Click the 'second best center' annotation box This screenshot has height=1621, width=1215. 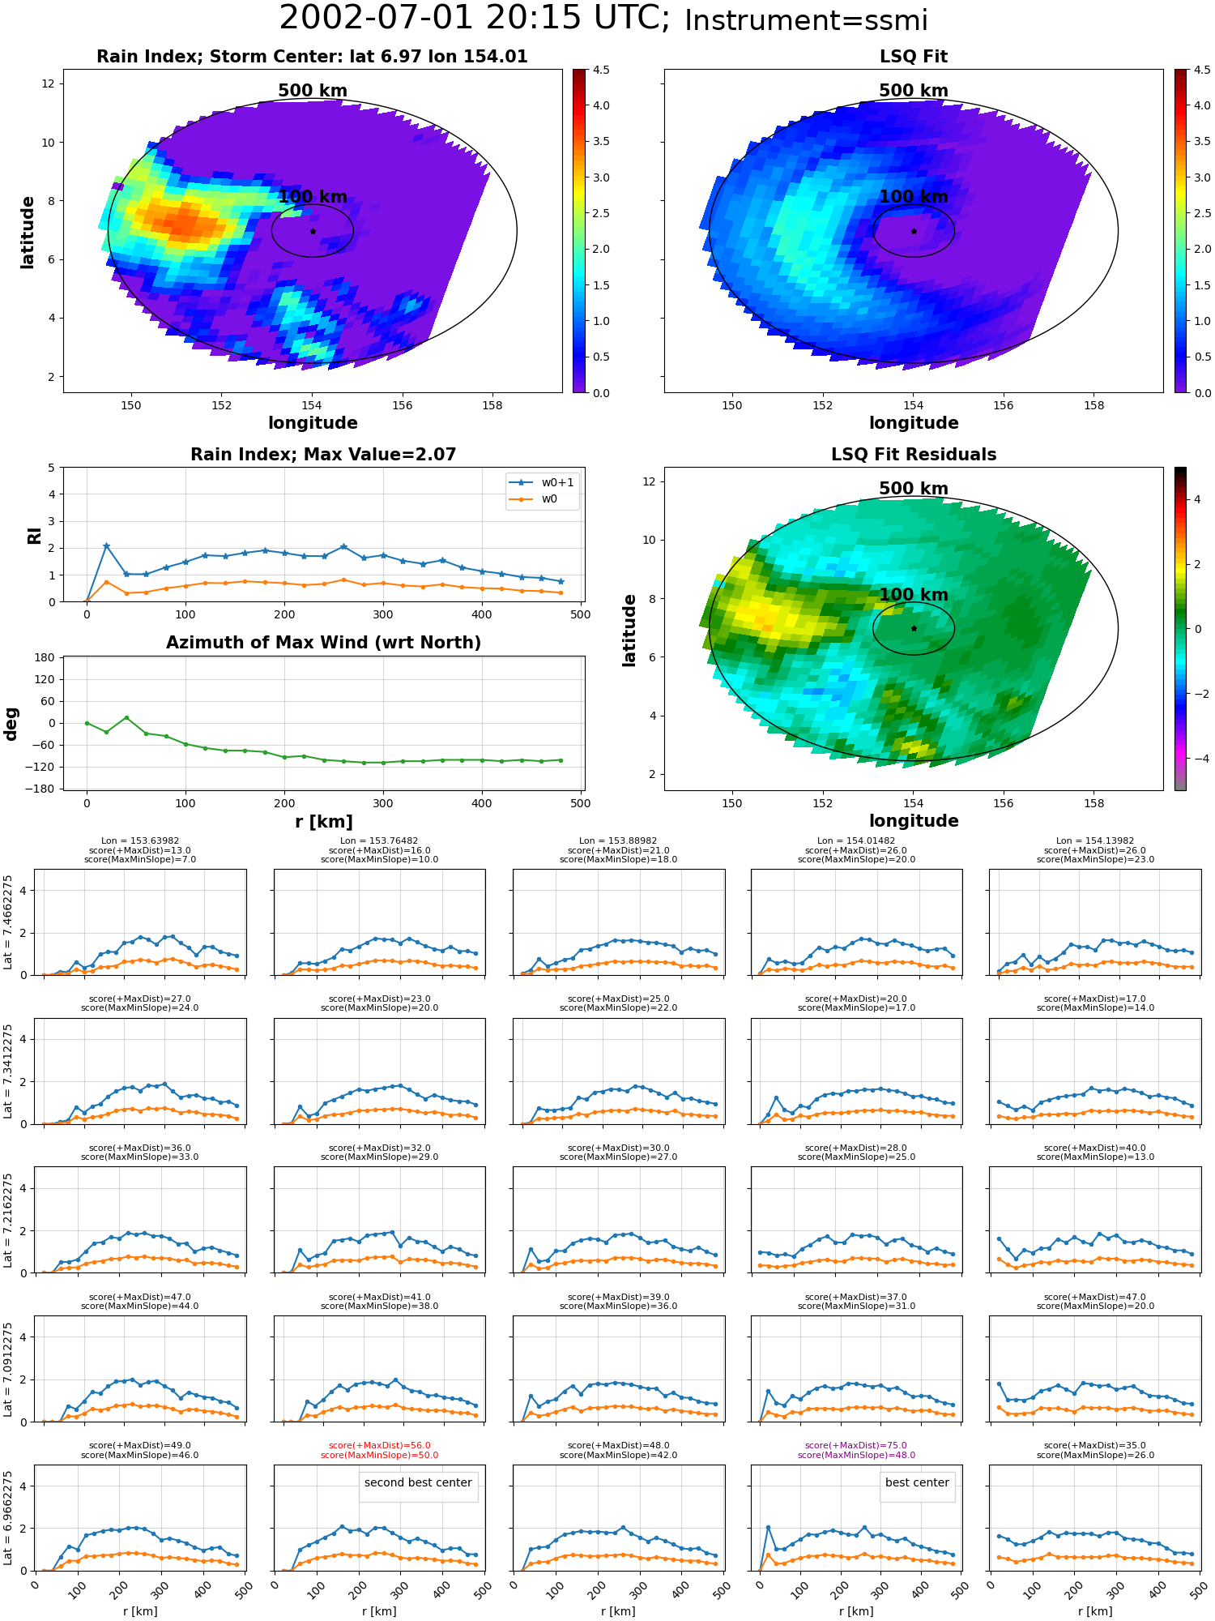[x=418, y=1482]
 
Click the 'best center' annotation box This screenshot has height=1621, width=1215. [x=917, y=1482]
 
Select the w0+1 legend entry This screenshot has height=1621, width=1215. [x=543, y=482]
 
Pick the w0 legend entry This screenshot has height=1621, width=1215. [x=535, y=498]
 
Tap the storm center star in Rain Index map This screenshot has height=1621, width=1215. [x=313, y=231]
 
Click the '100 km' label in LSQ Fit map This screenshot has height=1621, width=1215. [x=914, y=196]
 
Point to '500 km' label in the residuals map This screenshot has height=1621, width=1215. [x=914, y=488]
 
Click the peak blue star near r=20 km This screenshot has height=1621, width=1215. [x=106, y=546]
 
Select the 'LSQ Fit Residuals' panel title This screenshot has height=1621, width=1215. [x=914, y=454]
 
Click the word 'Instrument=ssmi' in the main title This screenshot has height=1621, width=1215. [x=806, y=20]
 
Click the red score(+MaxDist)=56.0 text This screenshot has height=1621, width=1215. [x=379, y=1445]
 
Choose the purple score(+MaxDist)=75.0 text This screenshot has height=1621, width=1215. [x=856, y=1445]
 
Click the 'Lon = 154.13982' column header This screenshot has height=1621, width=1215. [x=1095, y=840]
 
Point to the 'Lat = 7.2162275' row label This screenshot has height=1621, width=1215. [x=8, y=1219]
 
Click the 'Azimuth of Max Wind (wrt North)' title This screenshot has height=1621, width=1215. [x=323, y=642]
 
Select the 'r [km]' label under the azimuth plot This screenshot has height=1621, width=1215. [x=323, y=821]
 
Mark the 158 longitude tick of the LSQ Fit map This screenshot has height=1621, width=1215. [x=1093, y=405]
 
